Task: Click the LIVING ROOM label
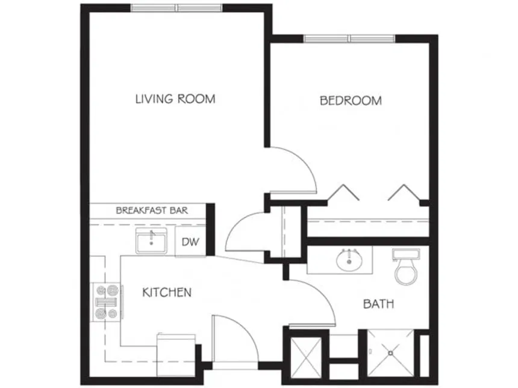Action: (175, 99)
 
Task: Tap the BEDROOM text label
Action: (351, 100)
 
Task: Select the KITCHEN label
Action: (167, 293)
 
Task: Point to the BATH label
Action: (378, 304)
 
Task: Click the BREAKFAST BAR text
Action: (152, 211)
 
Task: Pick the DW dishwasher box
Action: (190, 242)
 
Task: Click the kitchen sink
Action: (152, 242)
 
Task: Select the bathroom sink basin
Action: (348, 261)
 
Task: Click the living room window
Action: (176, 8)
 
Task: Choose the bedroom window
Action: (349, 38)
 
